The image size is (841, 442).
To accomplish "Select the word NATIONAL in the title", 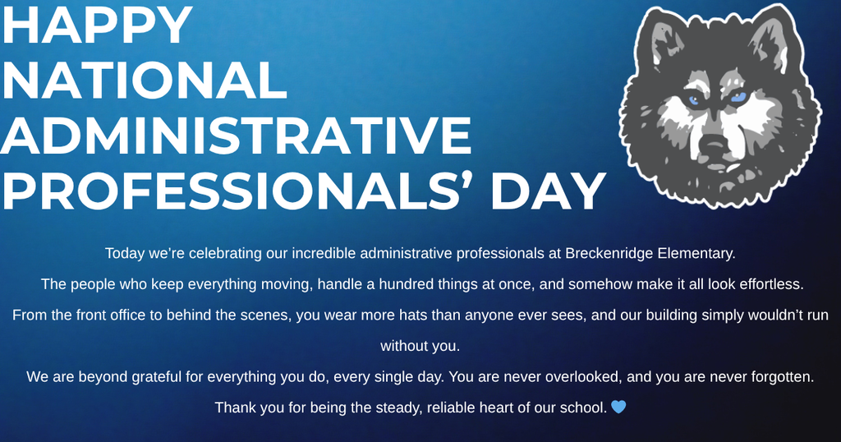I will click(x=144, y=81).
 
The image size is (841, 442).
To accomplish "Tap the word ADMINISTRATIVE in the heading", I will click(x=237, y=136).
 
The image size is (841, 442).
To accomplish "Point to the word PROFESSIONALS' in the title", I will click(x=238, y=191).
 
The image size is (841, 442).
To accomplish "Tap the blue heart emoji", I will click(x=618, y=407).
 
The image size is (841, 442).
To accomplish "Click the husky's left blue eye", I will click(x=694, y=101).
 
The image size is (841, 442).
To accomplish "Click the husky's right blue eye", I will click(x=738, y=97).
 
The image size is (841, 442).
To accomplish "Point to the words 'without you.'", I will click(x=420, y=346).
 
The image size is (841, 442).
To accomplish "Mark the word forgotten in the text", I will click(x=779, y=376).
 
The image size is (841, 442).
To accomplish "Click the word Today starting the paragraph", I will click(x=124, y=253).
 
